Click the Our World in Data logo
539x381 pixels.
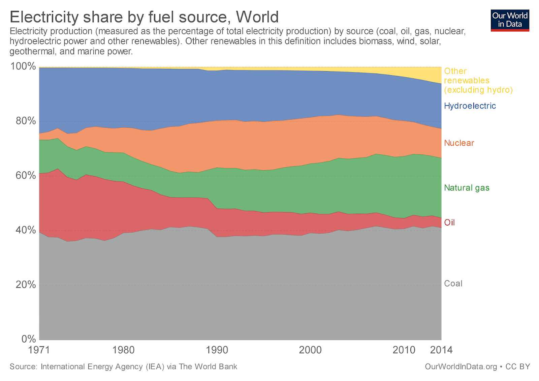pos(510,20)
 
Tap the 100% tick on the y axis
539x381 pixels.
pos(23,66)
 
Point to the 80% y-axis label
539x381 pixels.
pos(26,121)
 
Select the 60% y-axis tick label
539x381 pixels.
pos(26,175)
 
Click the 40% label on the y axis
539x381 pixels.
pos(26,230)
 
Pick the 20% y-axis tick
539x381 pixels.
pos(26,285)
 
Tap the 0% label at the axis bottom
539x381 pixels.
pos(28,339)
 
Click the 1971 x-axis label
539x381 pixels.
pos(39,350)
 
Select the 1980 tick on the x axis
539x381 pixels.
pos(123,350)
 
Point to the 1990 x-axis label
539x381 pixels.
pos(217,350)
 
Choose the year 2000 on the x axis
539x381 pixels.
pos(310,350)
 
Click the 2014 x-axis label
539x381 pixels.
pos(441,350)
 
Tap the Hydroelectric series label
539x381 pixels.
pos(470,106)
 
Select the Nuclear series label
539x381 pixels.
pos(459,143)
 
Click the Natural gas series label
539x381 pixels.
pos(467,188)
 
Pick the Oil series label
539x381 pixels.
pos(449,223)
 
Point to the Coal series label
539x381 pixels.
pos(453,284)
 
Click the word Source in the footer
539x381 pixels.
pos(23,367)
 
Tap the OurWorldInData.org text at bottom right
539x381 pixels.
pos(461,367)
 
